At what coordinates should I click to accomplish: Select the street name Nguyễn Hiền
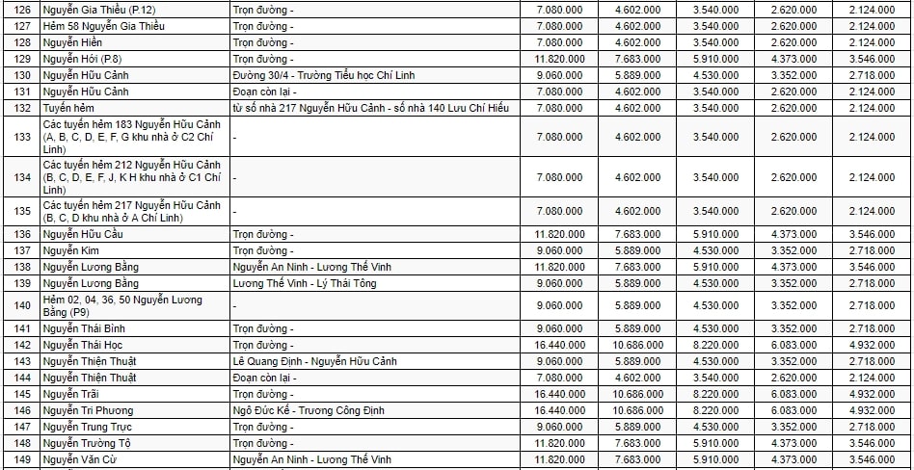click(73, 42)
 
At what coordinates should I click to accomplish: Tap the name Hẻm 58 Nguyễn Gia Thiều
click(104, 26)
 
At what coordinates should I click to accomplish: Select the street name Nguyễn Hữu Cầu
click(83, 234)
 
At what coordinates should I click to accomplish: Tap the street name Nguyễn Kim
click(71, 250)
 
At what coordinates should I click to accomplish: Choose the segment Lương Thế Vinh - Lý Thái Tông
click(305, 283)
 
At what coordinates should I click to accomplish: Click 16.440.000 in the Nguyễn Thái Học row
click(559, 345)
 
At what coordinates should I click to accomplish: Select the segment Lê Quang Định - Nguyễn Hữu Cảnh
click(314, 361)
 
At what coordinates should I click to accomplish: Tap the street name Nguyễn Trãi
click(72, 394)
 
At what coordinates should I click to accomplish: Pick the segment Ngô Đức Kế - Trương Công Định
click(309, 410)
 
